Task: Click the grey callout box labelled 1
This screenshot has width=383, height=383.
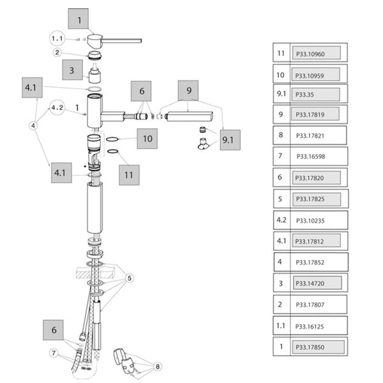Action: click(x=80, y=20)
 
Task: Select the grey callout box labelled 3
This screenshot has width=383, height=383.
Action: click(x=71, y=70)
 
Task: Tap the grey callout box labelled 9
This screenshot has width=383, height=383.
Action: click(x=189, y=92)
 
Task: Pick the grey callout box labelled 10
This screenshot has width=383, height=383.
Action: click(x=147, y=139)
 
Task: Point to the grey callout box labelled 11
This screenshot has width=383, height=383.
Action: click(x=130, y=174)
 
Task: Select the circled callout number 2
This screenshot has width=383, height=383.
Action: click(x=57, y=53)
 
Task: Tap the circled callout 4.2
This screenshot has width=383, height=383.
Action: click(x=57, y=107)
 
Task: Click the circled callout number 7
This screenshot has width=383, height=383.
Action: click(x=54, y=352)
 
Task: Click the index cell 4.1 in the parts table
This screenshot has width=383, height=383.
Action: click(x=281, y=241)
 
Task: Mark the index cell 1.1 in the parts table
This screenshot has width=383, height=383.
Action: click(x=281, y=326)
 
